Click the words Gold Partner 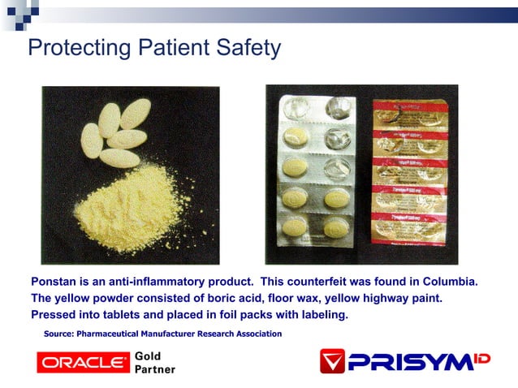(154, 362)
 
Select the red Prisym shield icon (331, 360)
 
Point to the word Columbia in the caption (445, 282)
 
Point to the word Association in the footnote (253, 334)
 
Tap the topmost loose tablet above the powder (135, 114)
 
